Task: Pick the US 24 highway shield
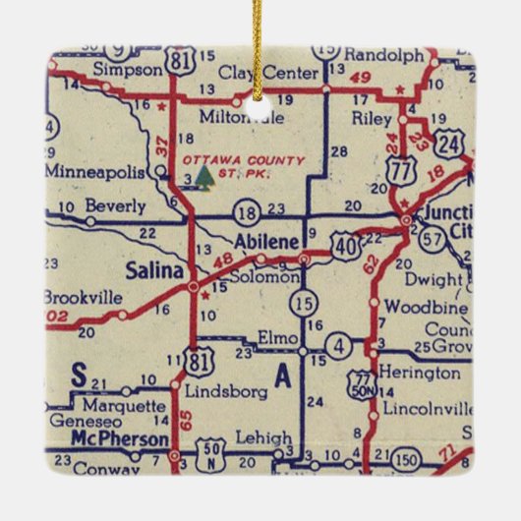click(x=450, y=145)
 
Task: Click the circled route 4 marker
click(x=337, y=345)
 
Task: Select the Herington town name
click(x=422, y=374)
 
